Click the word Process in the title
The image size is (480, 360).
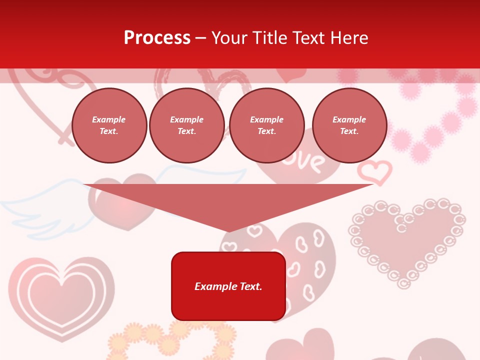coord(157,38)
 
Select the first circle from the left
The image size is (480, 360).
coord(109,125)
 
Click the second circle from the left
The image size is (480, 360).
coord(186,125)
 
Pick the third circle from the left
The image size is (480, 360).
coord(266,125)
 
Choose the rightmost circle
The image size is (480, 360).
coord(349,125)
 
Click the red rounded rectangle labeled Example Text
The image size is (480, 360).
coord(228,286)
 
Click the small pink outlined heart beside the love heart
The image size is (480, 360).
coord(374,171)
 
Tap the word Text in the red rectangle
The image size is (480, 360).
coord(250,286)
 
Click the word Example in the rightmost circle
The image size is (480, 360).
coord(349,119)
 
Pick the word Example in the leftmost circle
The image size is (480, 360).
coord(109,119)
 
